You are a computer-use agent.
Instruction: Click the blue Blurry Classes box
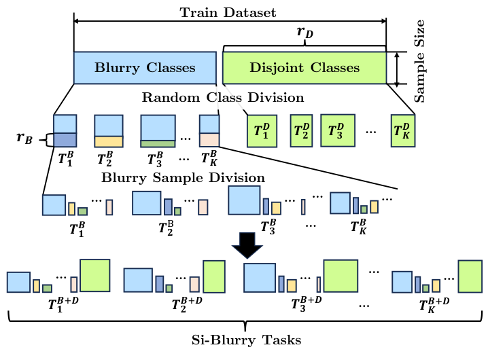coord(145,68)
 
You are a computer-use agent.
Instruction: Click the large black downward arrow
coord(246,245)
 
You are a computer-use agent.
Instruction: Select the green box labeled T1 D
coord(261,130)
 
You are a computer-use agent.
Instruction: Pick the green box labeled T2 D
coord(301,130)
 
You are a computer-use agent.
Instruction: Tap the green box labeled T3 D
coord(337,130)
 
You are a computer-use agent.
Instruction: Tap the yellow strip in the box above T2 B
coord(108,141)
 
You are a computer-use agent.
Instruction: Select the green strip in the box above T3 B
coord(158,143)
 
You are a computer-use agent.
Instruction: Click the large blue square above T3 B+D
coord(259,278)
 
